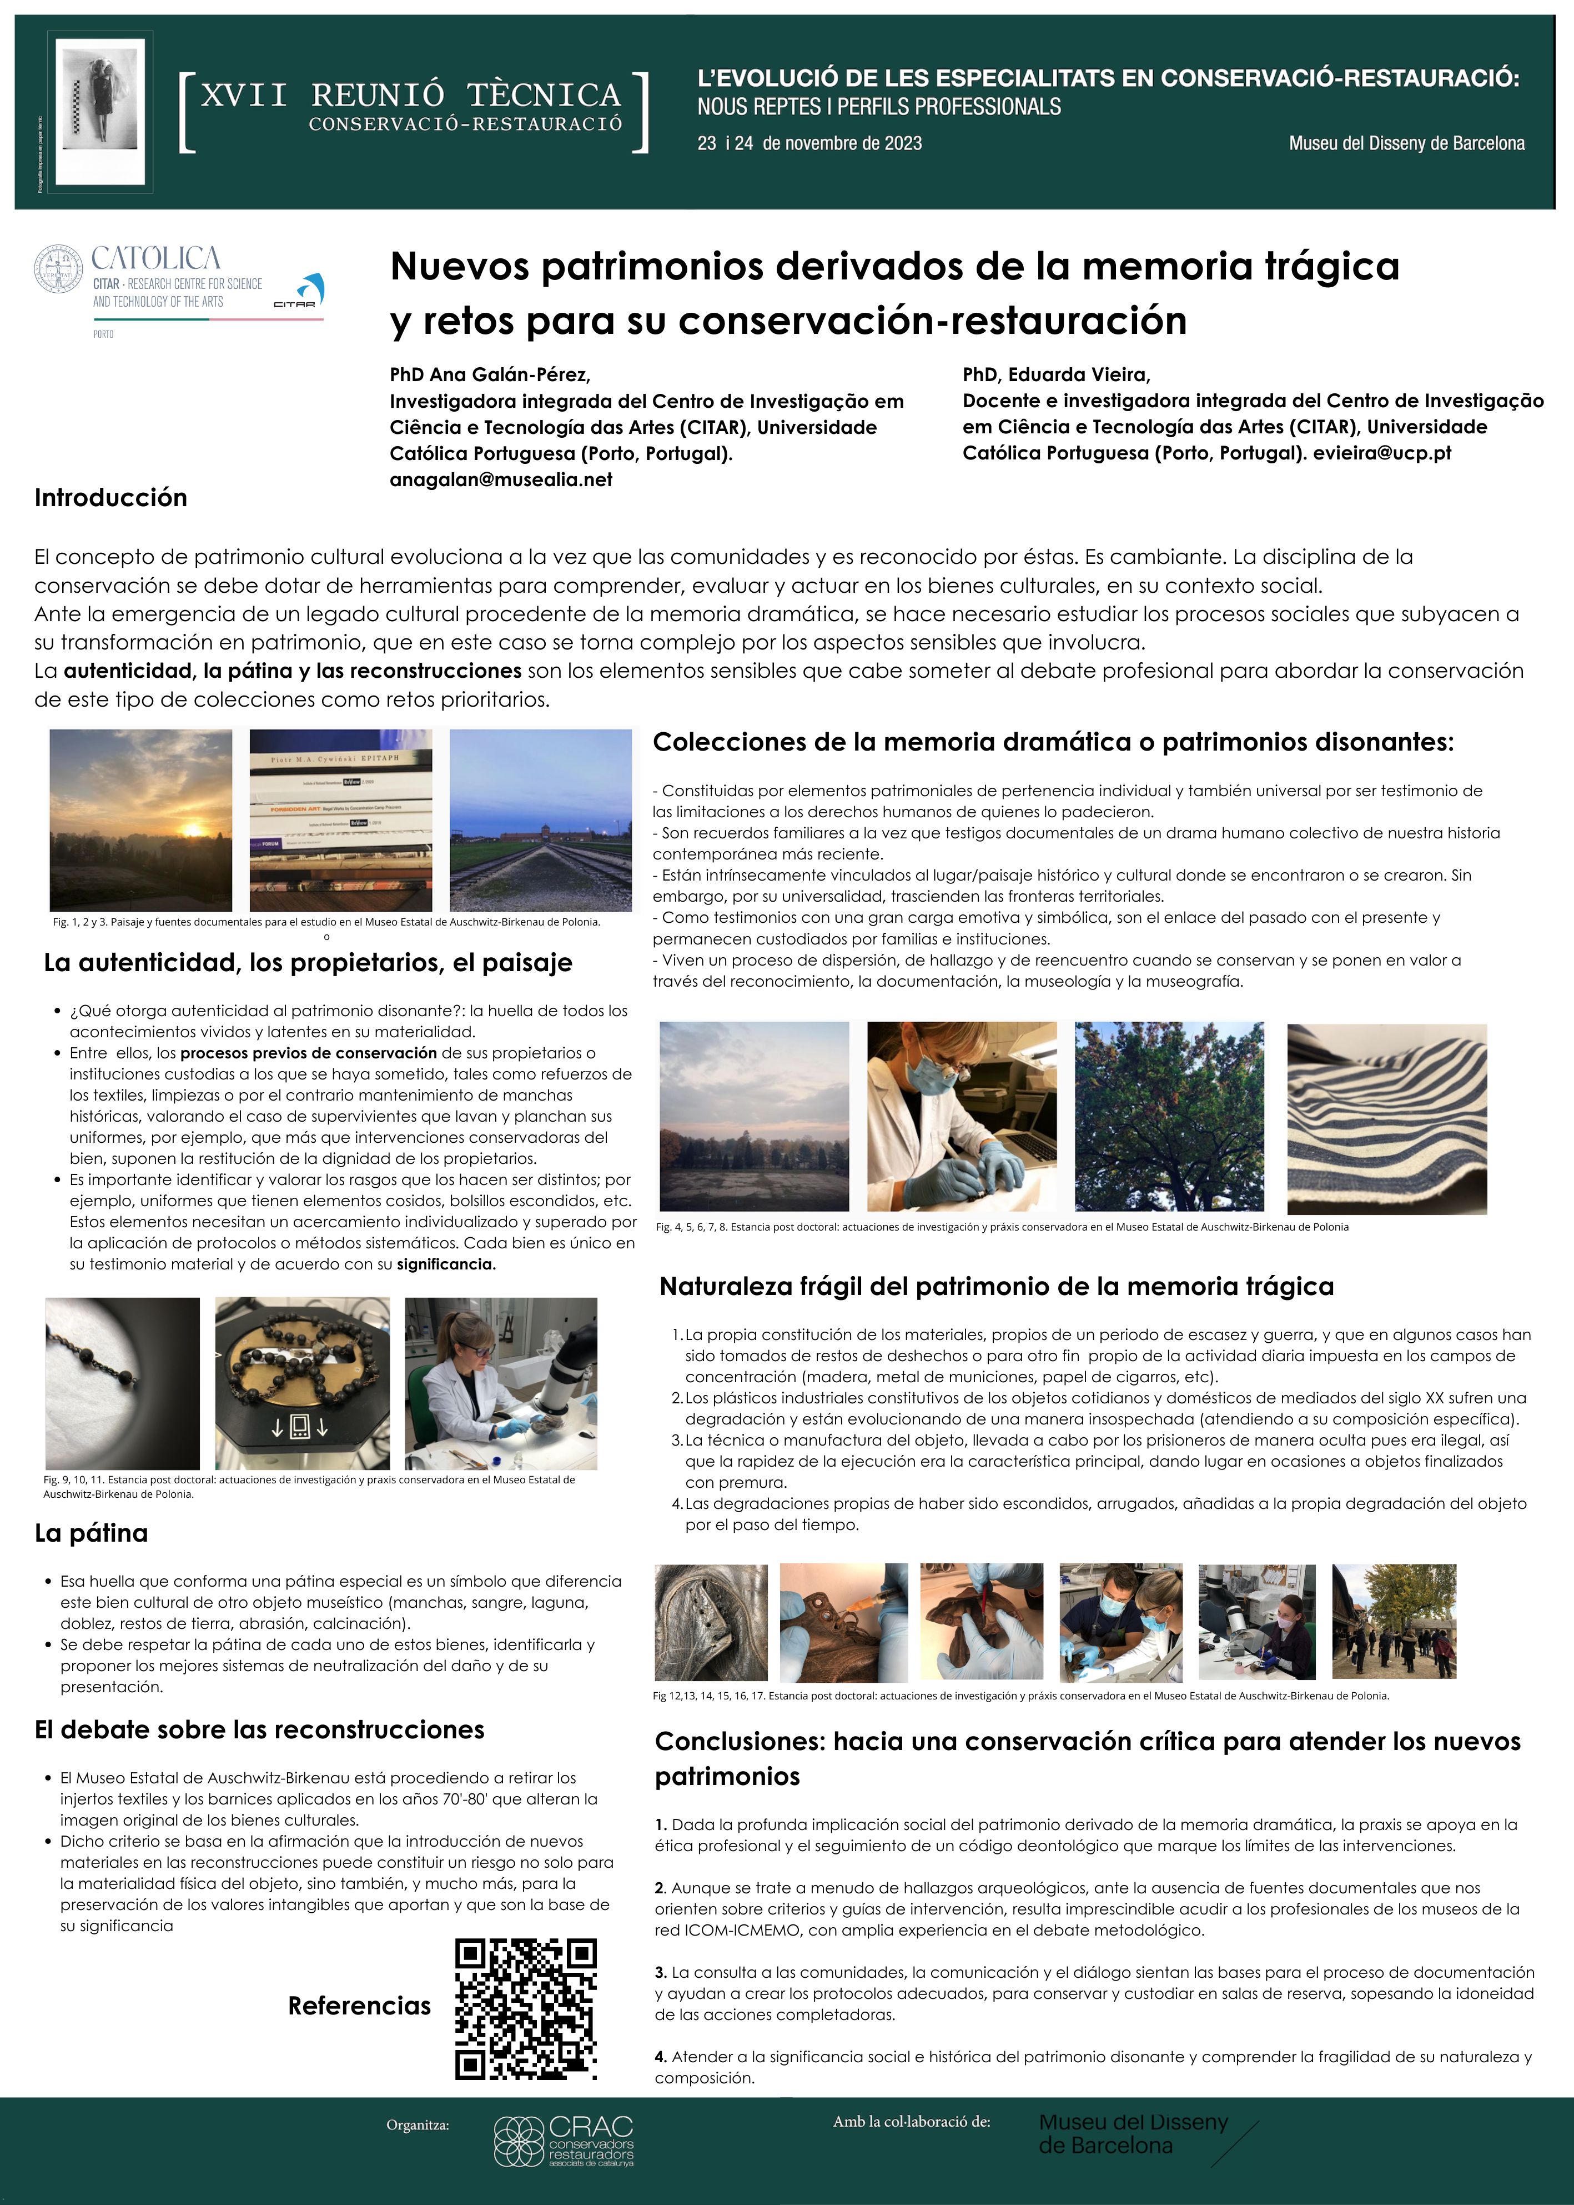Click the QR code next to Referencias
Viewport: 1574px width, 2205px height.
coord(526,2009)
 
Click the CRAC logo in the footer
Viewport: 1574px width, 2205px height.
coord(564,2141)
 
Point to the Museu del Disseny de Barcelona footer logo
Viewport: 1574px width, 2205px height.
coord(1133,2134)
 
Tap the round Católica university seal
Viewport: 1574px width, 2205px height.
coord(59,269)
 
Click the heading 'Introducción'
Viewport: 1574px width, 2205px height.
coord(110,497)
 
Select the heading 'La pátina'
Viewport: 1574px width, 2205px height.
coord(91,1533)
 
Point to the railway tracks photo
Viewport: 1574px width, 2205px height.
coord(541,821)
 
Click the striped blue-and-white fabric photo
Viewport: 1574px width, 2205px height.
coord(1386,1119)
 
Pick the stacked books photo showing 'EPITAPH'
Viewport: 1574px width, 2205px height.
coord(340,821)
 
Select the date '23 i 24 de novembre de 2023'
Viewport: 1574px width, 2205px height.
coord(809,143)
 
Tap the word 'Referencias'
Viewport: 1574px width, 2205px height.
coord(359,2005)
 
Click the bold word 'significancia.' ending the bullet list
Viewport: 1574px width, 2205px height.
coord(446,1264)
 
